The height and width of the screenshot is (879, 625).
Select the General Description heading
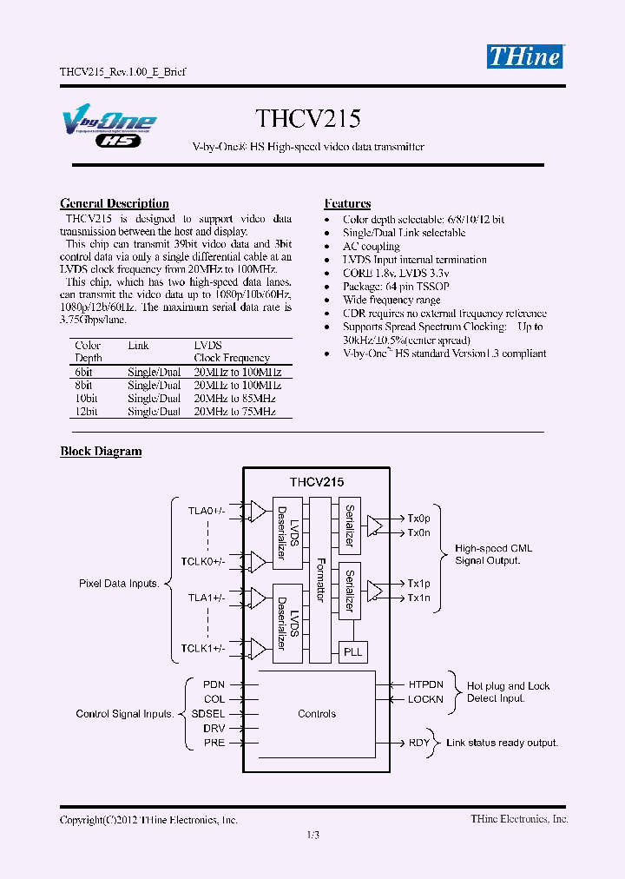pyautogui.click(x=115, y=203)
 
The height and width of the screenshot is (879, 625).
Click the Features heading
pyautogui.click(x=347, y=203)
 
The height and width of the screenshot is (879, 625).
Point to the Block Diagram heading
pyautogui.click(x=101, y=451)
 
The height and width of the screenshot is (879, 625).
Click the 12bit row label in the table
pyautogui.click(x=87, y=413)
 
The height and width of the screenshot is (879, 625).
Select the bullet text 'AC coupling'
pyautogui.click(x=371, y=247)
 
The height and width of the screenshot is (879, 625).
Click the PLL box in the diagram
pyautogui.click(x=352, y=651)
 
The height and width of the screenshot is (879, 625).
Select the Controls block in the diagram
pyautogui.click(x=317, y=714)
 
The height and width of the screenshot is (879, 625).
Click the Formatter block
pyautogui.click(x=320, y=579)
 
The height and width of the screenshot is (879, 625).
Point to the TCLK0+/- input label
pyautogui.click(x=203, y=562)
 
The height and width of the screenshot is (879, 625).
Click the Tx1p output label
pyautogui.click(x=418, y=584)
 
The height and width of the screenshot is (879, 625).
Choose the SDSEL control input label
pyautogui.click(x=214, y=713)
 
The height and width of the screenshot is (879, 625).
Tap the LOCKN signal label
pyautogui.click(x=425, y=699)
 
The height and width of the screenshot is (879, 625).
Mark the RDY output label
pyautogui.click(x=419, y=743)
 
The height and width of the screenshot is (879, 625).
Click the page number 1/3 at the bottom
pyautogui.click(x=313, y=836)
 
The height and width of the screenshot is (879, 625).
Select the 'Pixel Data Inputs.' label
pyautogui.click(x=119, y=584)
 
